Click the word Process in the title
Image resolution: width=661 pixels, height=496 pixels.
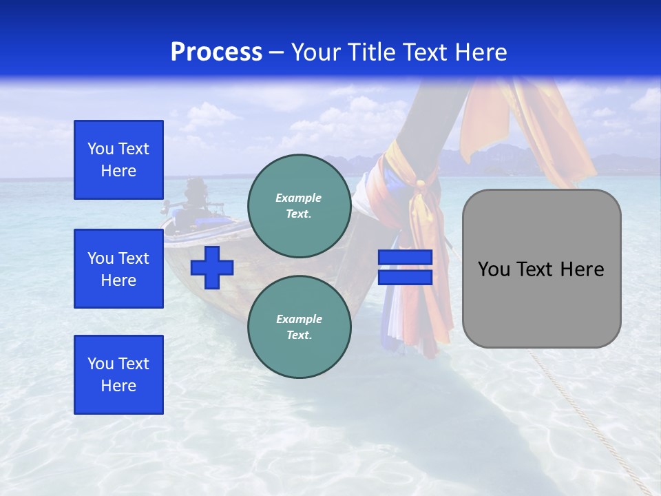[x=216, y=52]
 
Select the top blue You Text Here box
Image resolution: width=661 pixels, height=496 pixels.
[x=118, y=160]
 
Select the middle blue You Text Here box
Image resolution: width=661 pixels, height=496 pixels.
[x=118, y=269]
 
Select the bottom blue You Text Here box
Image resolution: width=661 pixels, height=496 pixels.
[x=118, y=375]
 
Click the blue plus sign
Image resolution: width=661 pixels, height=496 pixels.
[x=212, y=267]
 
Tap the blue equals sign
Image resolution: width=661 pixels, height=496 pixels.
[x=405, y=267]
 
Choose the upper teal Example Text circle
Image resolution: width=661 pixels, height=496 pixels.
[x=300, y=205]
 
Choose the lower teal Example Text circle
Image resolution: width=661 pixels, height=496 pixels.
[x=300, y=327]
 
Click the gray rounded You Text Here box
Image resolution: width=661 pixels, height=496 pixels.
[x=541, y=269]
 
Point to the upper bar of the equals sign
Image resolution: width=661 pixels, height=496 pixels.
[x=405, y=258]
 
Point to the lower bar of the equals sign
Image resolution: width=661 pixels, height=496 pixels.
[x=405, y=277]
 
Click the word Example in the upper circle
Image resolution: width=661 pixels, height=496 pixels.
[x=299, y=198]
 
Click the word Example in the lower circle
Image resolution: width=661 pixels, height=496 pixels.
[x=299, y=319]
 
